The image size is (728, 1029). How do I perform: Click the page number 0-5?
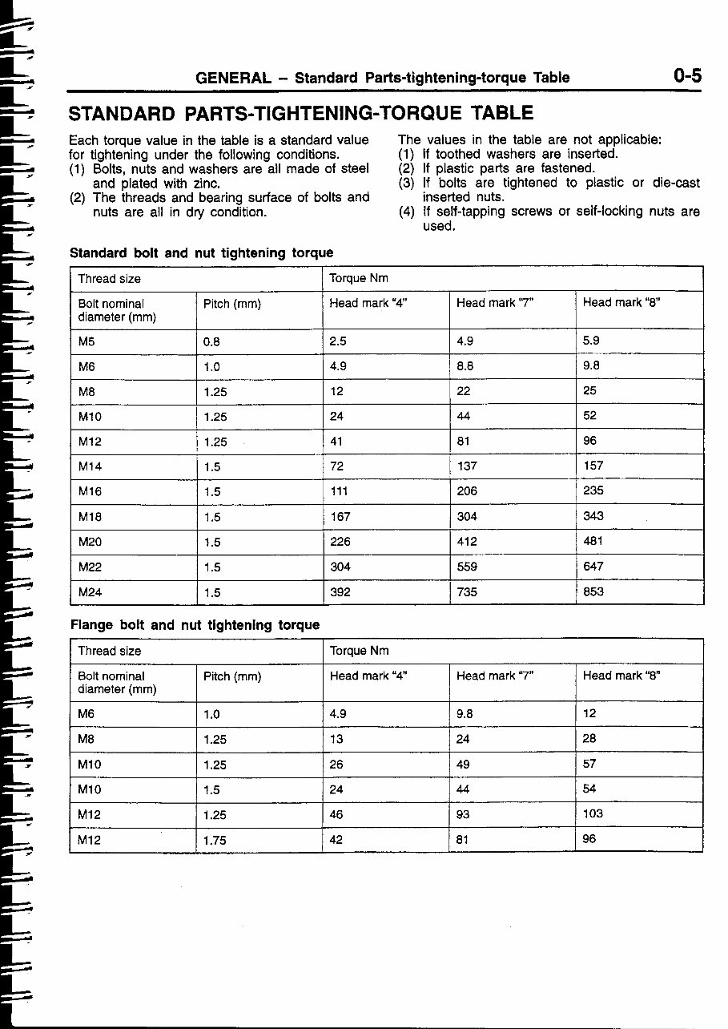click(x=686, y=76)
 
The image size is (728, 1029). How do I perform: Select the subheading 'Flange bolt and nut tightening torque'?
click(x=195, y=624)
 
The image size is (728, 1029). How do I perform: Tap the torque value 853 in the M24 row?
click(x=593, y=592)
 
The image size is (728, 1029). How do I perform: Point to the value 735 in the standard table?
click(x=466, y=592)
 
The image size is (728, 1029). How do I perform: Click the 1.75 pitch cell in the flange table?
click(x=215, y=840)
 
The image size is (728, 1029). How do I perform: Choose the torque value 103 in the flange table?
click(x=593, y=814)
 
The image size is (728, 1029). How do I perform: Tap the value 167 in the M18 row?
click(x=340, y=517)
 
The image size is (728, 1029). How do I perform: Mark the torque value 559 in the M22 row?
click(x=466, y=567)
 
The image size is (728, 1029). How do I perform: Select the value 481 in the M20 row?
click(x=593, y=542)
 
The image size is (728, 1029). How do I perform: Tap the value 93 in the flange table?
click(x=462, y=815)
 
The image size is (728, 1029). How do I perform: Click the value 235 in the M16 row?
click(x=593, y=491)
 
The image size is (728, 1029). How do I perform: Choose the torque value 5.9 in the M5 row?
click(x=591, y=340)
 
